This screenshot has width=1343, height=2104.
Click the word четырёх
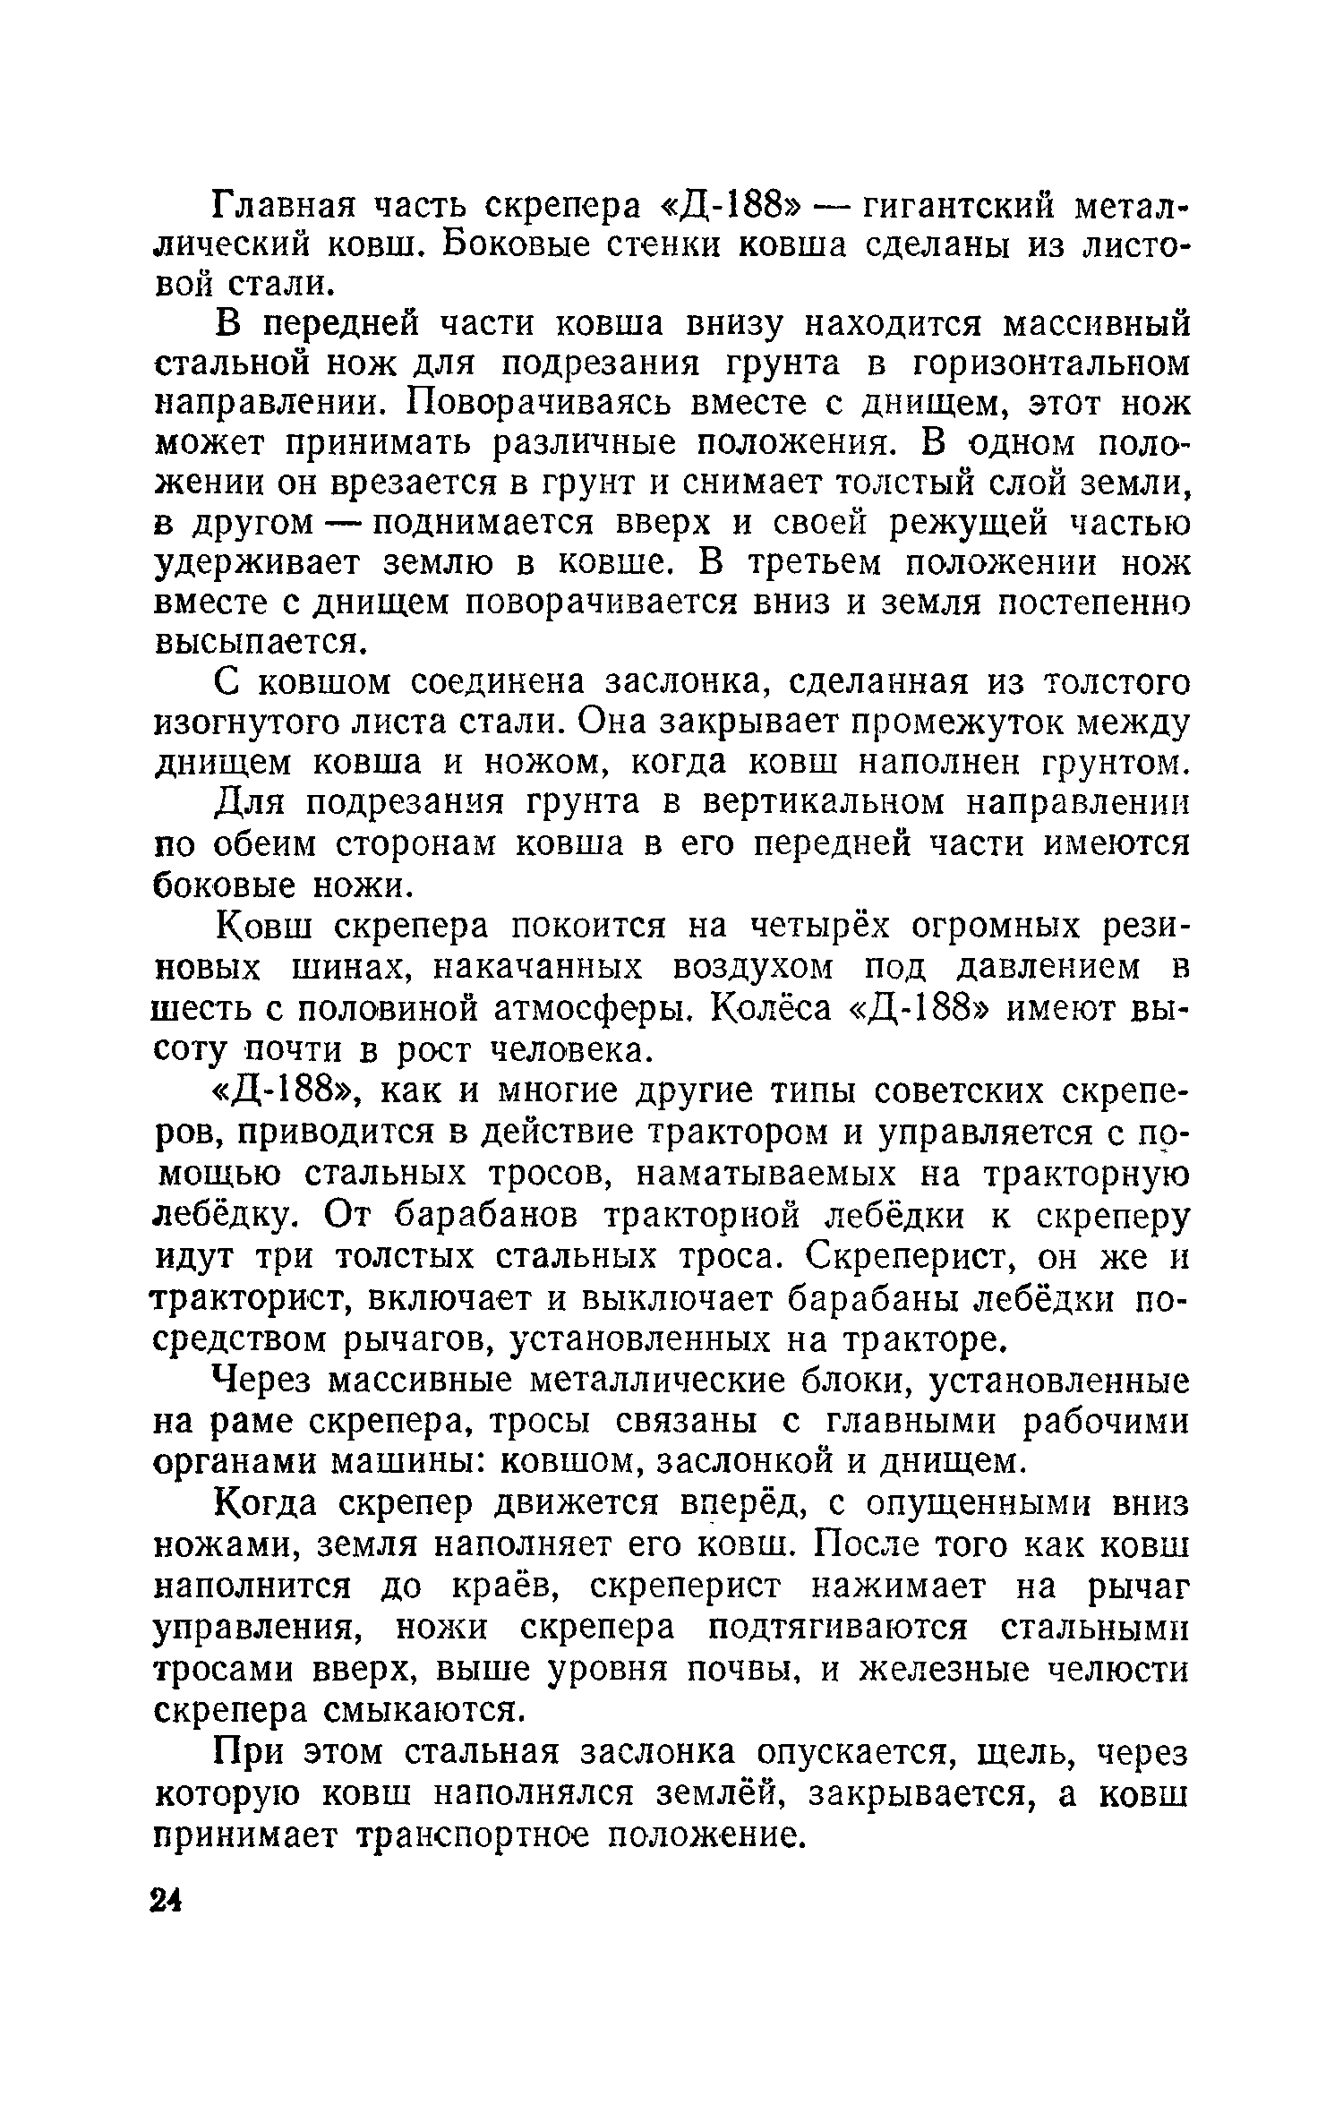point(810,927)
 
